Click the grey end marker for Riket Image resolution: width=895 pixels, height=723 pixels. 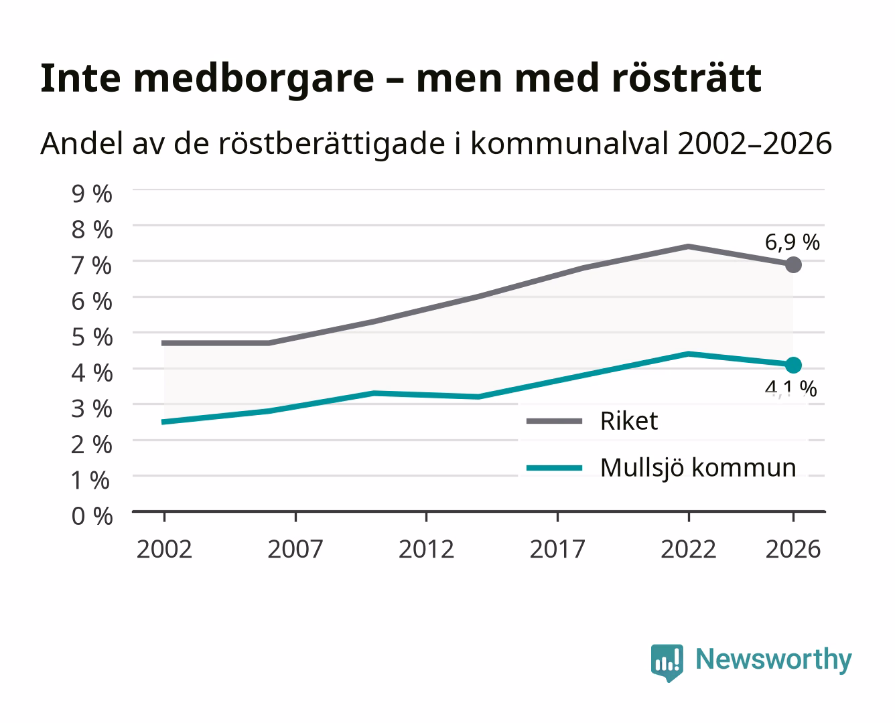(x=793, y=264)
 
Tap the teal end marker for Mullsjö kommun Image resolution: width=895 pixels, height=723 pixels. (x=793, y=365)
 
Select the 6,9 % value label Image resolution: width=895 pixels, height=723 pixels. (x=792, y=242)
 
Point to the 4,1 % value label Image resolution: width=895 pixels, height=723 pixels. (x=790, y=388)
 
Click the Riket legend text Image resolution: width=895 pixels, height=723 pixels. (x=629, y=420)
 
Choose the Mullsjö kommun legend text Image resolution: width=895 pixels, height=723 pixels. (x=698, y=467)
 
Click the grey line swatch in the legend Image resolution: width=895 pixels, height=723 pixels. (x=554, y=421)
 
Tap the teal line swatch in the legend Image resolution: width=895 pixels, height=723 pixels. (x=554, y=468)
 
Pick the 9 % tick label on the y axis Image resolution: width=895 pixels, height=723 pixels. (x=92, y=194)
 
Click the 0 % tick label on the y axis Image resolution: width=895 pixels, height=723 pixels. (x=92, y=516)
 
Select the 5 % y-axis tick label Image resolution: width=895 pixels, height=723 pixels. (x=92, y=337)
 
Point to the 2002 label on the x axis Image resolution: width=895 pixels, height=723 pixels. (x=164, y=549)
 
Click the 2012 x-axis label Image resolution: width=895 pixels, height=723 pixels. (x=427, y=549)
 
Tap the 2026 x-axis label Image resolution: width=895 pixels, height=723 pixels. (x=793, y=549)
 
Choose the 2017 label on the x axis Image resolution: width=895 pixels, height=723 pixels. (x=557, y=549)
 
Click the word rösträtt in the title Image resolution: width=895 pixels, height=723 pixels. (x=687, y=78)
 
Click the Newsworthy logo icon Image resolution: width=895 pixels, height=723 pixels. (x=667, y=663)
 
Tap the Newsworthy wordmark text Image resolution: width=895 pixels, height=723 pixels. (x=774, y=660)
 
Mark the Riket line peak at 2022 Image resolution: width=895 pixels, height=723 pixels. (x=688, y=246)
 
